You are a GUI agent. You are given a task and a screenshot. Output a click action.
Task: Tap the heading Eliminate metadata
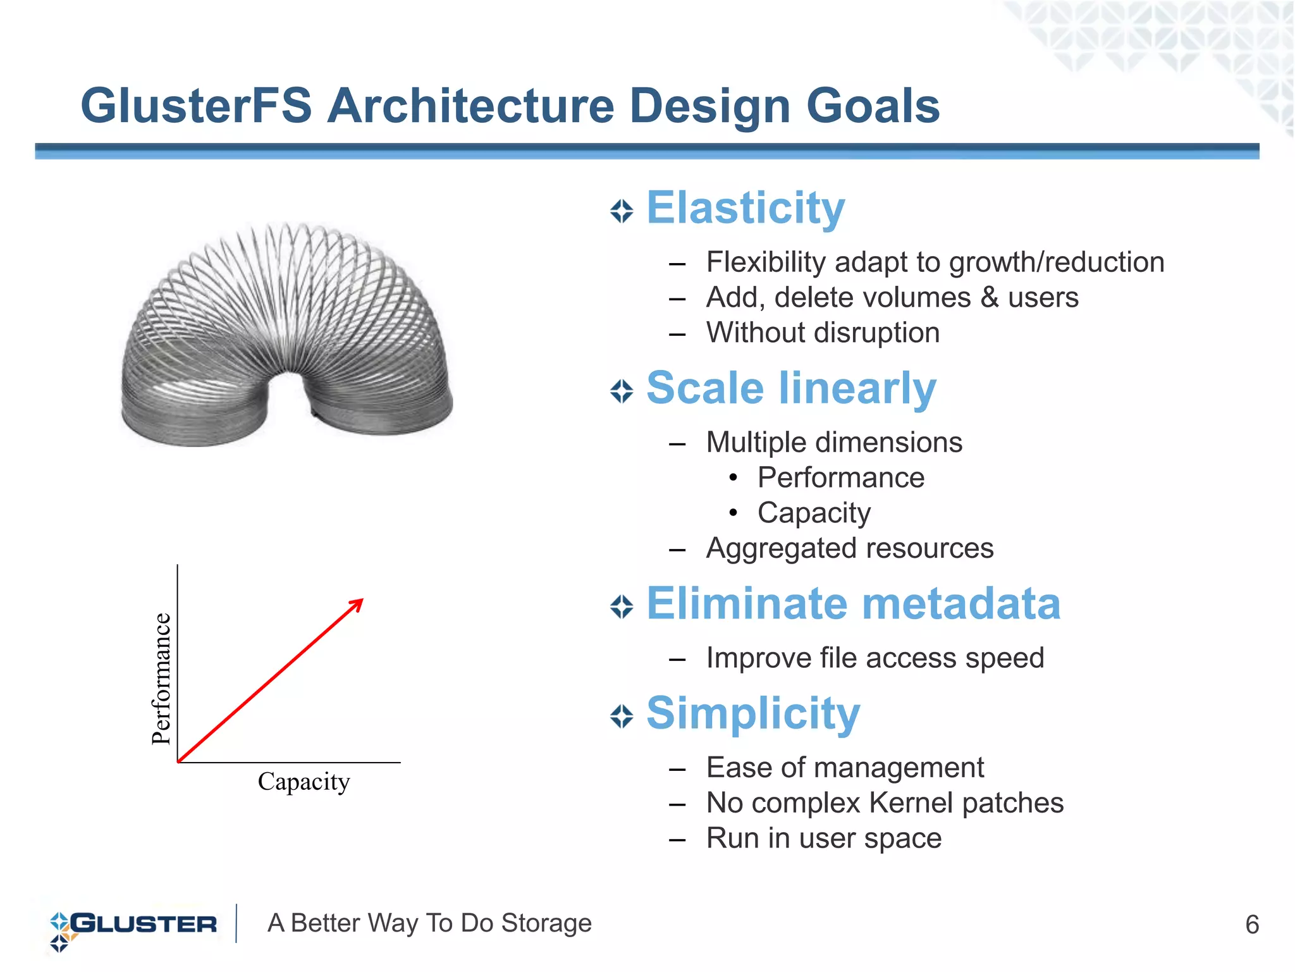click(853, 603)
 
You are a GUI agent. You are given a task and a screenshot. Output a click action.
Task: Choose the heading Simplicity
click(752, 713)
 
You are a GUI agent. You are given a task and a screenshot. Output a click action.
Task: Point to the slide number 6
click(1251, 925)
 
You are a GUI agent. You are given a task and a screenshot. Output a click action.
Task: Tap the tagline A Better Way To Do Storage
click(429, 923)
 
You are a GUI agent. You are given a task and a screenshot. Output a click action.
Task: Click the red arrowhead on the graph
click(357, 605)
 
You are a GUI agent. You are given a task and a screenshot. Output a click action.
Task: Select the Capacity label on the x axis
click(304, 782)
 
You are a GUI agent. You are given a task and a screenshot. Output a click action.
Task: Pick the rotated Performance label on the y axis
click(162, 679)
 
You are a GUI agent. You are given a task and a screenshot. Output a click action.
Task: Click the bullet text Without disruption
click(822, 333)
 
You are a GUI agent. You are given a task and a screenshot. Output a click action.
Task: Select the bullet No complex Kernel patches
click(884, 803)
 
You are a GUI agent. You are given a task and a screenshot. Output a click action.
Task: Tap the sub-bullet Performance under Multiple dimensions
click(840, 477)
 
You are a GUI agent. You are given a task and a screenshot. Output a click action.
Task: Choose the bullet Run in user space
click(823, 839)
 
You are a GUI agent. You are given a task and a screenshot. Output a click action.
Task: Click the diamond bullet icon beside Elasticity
click(622, 211)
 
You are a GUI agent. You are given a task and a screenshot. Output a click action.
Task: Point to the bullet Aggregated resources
click(849, 548)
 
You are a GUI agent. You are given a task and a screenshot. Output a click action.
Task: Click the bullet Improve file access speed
click(875, 658)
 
